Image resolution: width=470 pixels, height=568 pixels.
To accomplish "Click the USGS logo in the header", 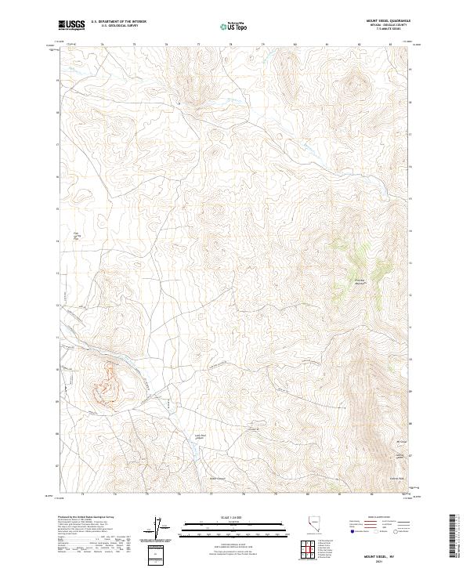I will (x=71, y=27).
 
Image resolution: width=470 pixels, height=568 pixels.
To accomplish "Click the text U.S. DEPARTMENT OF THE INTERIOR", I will (x=118, y=23).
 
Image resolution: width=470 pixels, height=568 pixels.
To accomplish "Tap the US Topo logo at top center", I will (x=235, y=27).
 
